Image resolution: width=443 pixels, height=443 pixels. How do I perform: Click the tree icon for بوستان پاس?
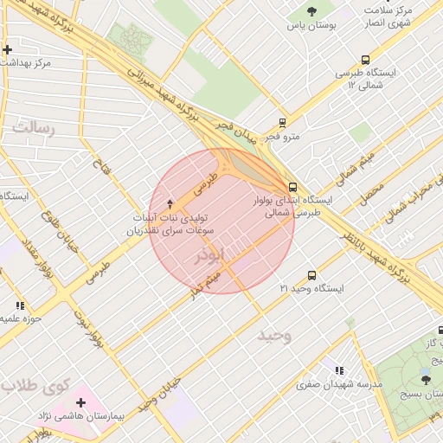pos(311,11)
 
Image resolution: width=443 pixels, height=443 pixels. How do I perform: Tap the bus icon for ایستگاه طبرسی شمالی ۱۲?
pos(365,61)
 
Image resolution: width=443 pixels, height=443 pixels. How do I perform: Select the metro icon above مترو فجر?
pos(281,123)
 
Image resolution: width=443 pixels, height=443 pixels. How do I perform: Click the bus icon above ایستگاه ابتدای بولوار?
pos(292,186)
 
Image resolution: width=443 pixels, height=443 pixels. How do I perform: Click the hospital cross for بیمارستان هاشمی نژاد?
pos(80,402)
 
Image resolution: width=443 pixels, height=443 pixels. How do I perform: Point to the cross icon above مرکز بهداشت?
pos(7,50)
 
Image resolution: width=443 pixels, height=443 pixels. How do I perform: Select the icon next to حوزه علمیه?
pos(19,305)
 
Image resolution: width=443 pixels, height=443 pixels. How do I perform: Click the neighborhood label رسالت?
pos(33,129)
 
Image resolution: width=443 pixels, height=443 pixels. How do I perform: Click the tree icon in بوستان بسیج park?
pos(425,378)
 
